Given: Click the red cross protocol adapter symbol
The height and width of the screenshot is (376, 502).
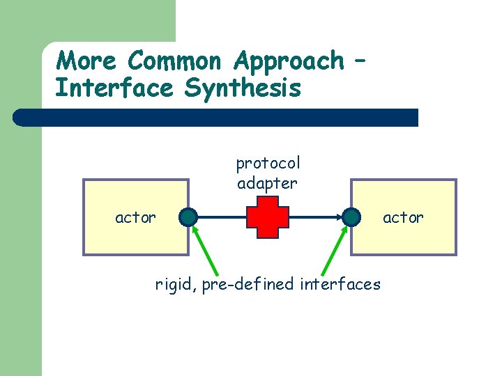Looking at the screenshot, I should (267, 217).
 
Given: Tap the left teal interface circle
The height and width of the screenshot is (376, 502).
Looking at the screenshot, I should (188, 217).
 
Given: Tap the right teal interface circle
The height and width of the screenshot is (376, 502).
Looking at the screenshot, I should (351, 217).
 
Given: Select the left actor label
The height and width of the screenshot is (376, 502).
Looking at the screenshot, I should (135, 217).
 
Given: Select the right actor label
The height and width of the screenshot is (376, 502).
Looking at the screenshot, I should (403, 217).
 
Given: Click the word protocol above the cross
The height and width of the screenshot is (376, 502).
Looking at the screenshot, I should (268, 164).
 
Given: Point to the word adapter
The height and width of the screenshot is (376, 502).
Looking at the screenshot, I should (267, 183).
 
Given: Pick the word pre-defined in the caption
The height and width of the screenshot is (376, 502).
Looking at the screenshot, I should (248, 284).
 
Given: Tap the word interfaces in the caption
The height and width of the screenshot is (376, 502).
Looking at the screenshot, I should (340, 284).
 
